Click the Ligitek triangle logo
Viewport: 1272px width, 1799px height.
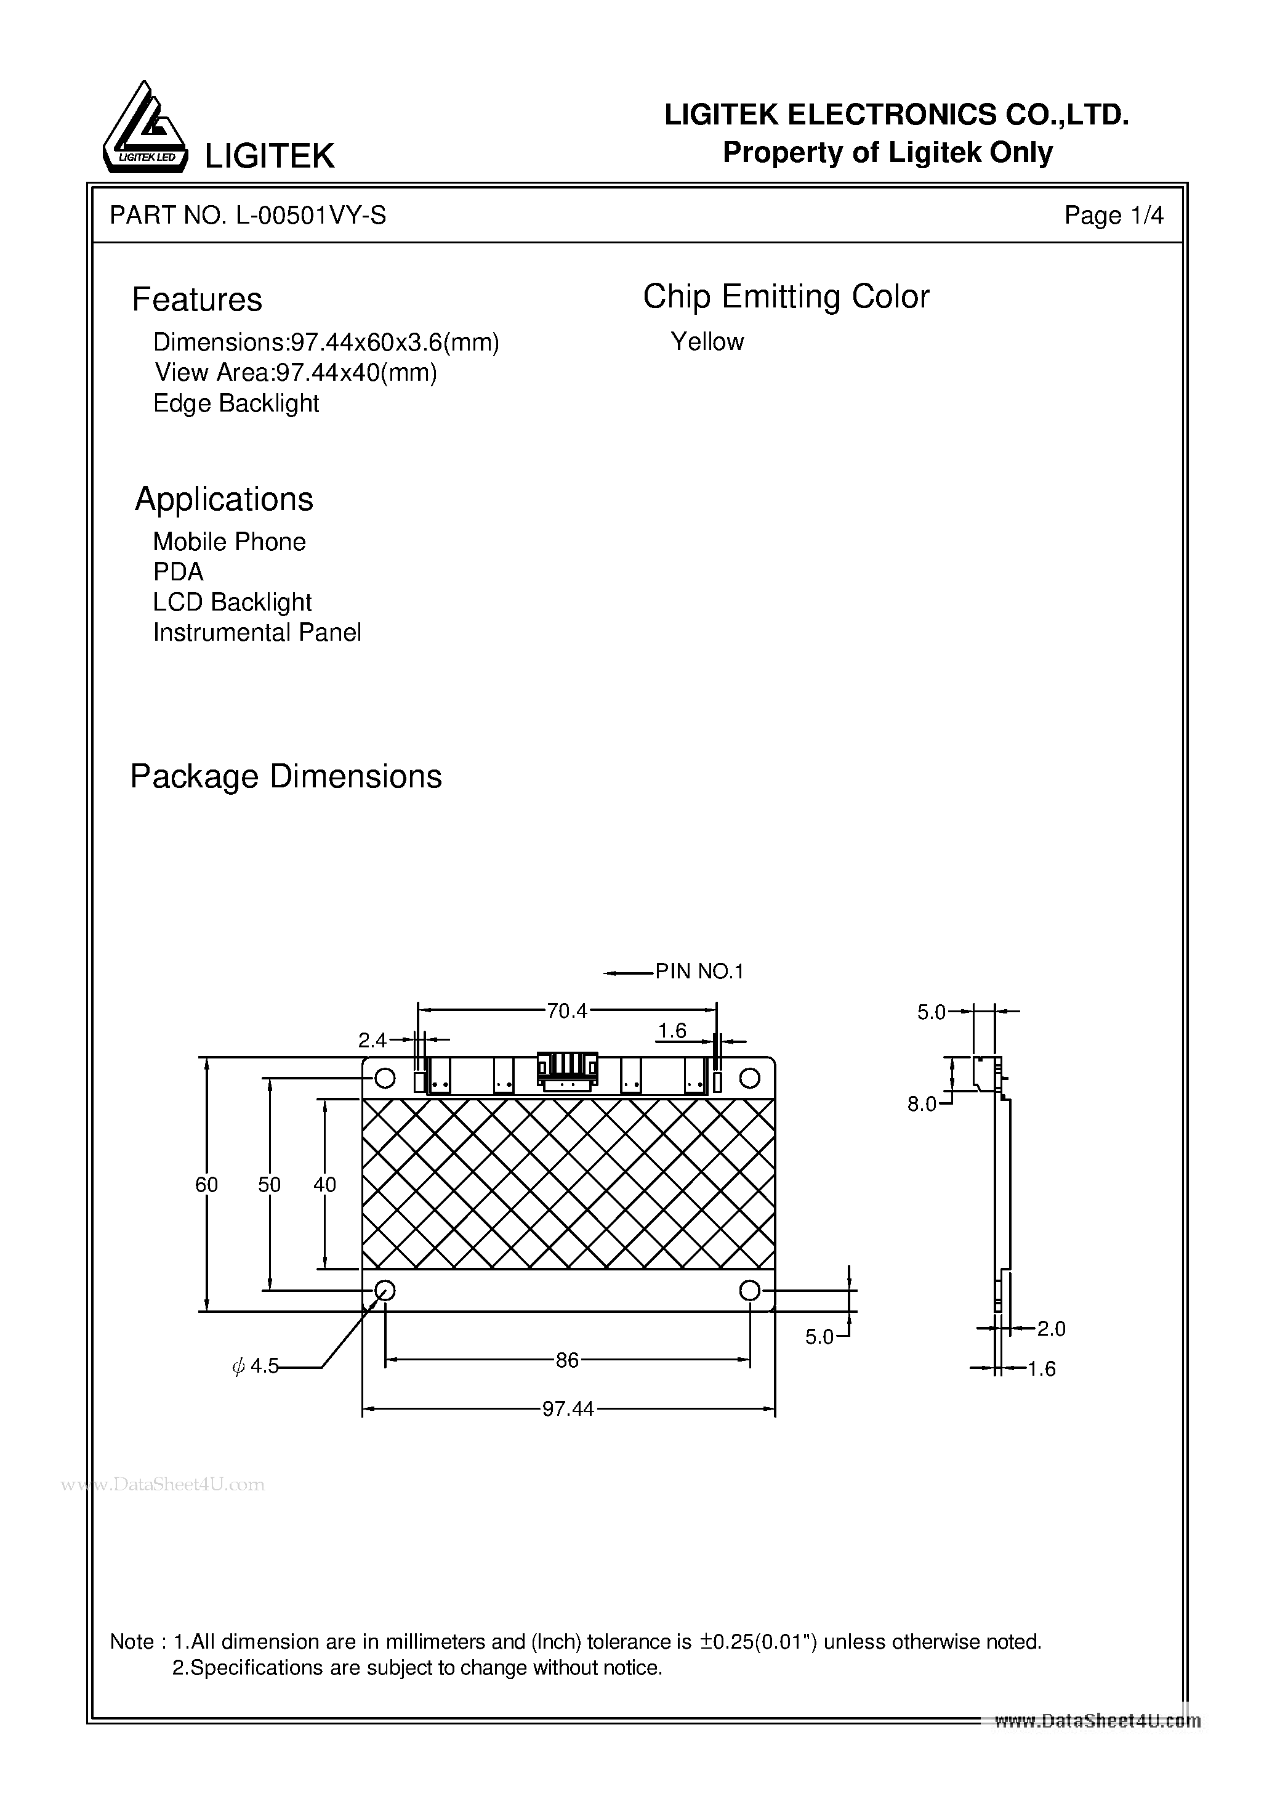pyautogui.click(x=145, y=129)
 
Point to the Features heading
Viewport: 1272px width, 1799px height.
pyautogui.click(x=196, y=299)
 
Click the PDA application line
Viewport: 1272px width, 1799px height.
pyautogui.click(x=178, y=572)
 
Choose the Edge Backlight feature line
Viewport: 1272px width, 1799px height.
pyautogui.click(x=236, y=404)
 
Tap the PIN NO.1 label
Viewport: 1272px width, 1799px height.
pyautogui.click(x=699, y=972)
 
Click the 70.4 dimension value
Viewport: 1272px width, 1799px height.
pyautogui.click(x=566, y=1012)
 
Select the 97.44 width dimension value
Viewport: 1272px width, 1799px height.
pyautogui.click(x=568, y=1409)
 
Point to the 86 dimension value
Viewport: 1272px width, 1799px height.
pyautogui.click(x=566, y=1360)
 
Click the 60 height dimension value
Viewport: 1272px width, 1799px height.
pyautogui.click(x=207, y=1185)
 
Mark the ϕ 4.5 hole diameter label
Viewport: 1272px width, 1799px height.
pyautogui.click(x=256, y=1367)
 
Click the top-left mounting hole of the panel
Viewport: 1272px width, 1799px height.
pyautogui.click(x=385, y=1078)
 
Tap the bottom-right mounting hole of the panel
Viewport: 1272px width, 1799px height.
pyautogui.click(x=749, y=1289)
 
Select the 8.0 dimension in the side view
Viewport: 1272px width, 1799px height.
pyautogui.click(x=922, y=1104)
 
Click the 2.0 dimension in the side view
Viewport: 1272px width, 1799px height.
pyautogui.click(x=1050, y=1328)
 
